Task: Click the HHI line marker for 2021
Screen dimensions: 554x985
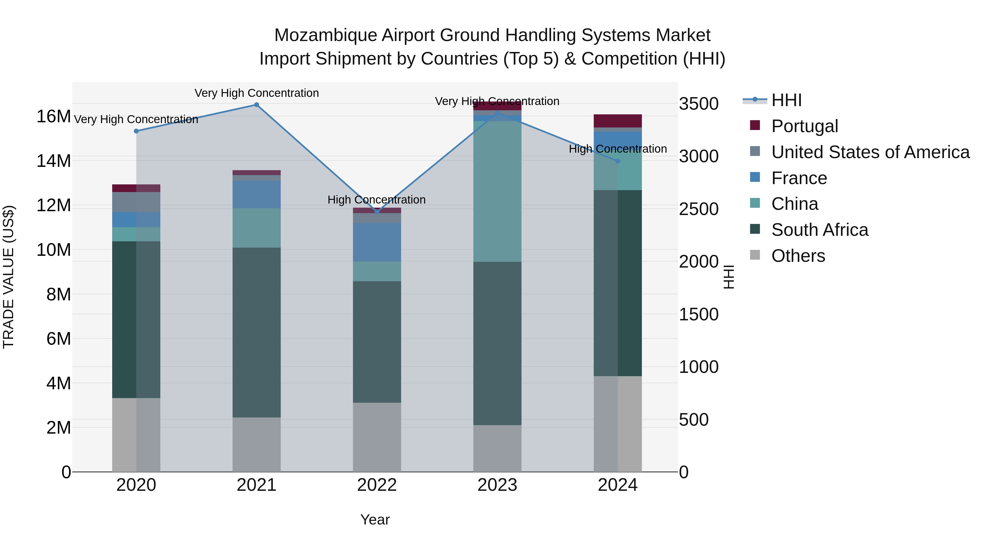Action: click(x=257, y=105)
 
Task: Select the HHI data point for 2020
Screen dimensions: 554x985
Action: click(x=136, y=131)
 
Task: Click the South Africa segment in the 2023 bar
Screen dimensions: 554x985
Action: click(x=497, y=343)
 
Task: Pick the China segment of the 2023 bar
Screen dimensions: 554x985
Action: click(x=497, y=191)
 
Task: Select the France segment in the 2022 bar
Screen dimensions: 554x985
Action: click(x=377, y=242)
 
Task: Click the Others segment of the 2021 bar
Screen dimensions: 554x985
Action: click(x=257, y=444)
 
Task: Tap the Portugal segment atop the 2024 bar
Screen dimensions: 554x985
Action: click(x=618, y=121)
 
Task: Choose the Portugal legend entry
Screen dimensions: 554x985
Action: click(x=804, y=126)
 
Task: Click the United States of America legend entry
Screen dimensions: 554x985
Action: click(x=870, y=152)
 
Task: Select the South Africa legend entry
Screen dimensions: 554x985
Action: click(x=819, y=230)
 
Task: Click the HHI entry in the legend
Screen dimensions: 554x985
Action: click(x=786, y=100)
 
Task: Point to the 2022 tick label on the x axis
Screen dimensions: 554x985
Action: click(x=377, y=485)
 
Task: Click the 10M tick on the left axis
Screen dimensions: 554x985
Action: click(x=54, y=250)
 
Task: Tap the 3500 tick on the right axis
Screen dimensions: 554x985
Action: click(x=699, y=104)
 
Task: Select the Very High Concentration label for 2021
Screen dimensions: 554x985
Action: click(x=257, y=93)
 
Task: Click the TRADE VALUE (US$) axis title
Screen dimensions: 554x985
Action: click(x=8, y=277)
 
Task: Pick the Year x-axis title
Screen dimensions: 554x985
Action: click(x=375, y=520)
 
